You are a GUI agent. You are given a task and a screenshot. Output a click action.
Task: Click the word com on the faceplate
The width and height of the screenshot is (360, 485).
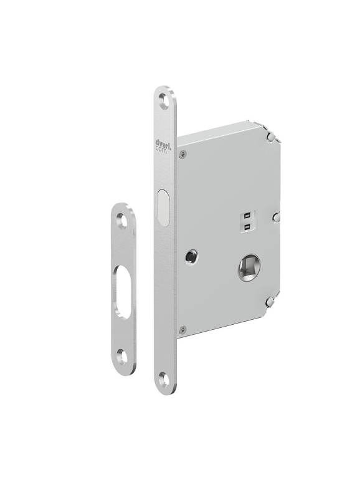[161, 150]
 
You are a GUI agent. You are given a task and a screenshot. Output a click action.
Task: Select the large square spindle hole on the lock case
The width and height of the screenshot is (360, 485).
[250, 267]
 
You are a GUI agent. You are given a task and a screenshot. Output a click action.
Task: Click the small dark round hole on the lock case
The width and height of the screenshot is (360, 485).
[189, 256]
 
